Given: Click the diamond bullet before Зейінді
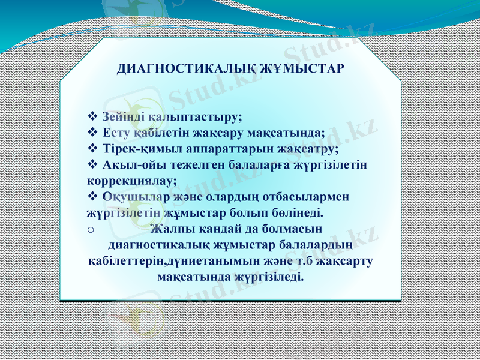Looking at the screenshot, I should click(x=92, y=116).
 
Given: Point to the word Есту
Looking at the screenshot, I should click(x=116, y=132).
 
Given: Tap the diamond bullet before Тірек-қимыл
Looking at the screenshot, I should click(x=92, y=148).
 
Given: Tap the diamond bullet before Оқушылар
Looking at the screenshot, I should click(x=92, y=196).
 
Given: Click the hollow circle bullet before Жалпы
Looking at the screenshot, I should click(x=91, y=229).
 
